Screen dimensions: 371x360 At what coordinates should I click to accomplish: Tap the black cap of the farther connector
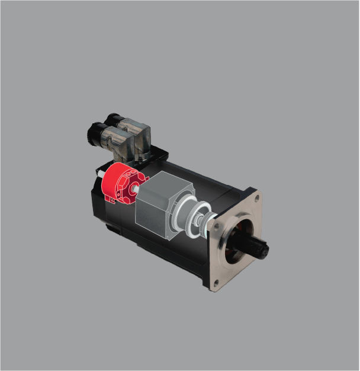tap(113, 122)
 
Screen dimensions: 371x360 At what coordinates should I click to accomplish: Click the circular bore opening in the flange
tap(240, 237)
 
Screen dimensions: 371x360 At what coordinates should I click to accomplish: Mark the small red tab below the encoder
tap(110, 200)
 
